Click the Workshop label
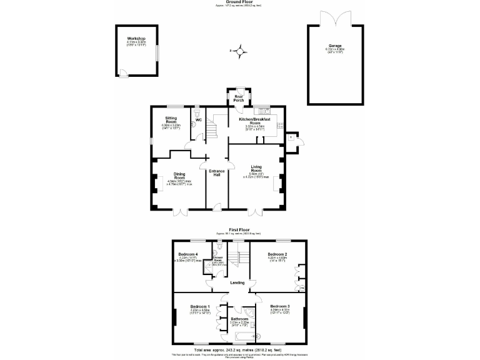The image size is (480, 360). [x=136, y=38]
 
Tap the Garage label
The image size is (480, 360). [x=337, y=47]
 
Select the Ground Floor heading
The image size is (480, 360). [x=239, y=2]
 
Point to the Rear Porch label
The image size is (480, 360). [x=238, y=98]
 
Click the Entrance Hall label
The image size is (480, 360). [x=216, y=172]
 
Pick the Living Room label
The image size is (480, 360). [x=256, y=168]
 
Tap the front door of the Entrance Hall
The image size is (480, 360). [x=216, y=206]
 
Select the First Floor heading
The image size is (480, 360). [x=239, y=229]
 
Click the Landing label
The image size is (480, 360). [x=237, y=282]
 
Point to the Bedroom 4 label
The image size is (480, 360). [x=188, y=254]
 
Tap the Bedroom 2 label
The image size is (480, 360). [x=277, y=254]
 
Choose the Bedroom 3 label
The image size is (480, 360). [x=279, y=306]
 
